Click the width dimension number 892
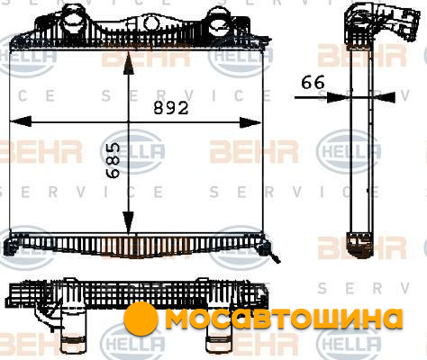point(171,108)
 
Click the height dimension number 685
point(114,160)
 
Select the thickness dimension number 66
point(313,82)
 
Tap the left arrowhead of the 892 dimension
point(21,122)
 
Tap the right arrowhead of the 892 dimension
point(250,122)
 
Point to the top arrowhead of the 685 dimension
point(129,62)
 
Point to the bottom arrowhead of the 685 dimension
point(129,222)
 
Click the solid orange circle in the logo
point(141,319)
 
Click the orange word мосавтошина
point(284,318)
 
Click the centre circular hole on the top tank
point(150,22)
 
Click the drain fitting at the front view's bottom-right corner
point(269,251)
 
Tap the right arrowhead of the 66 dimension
point(384,97)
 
